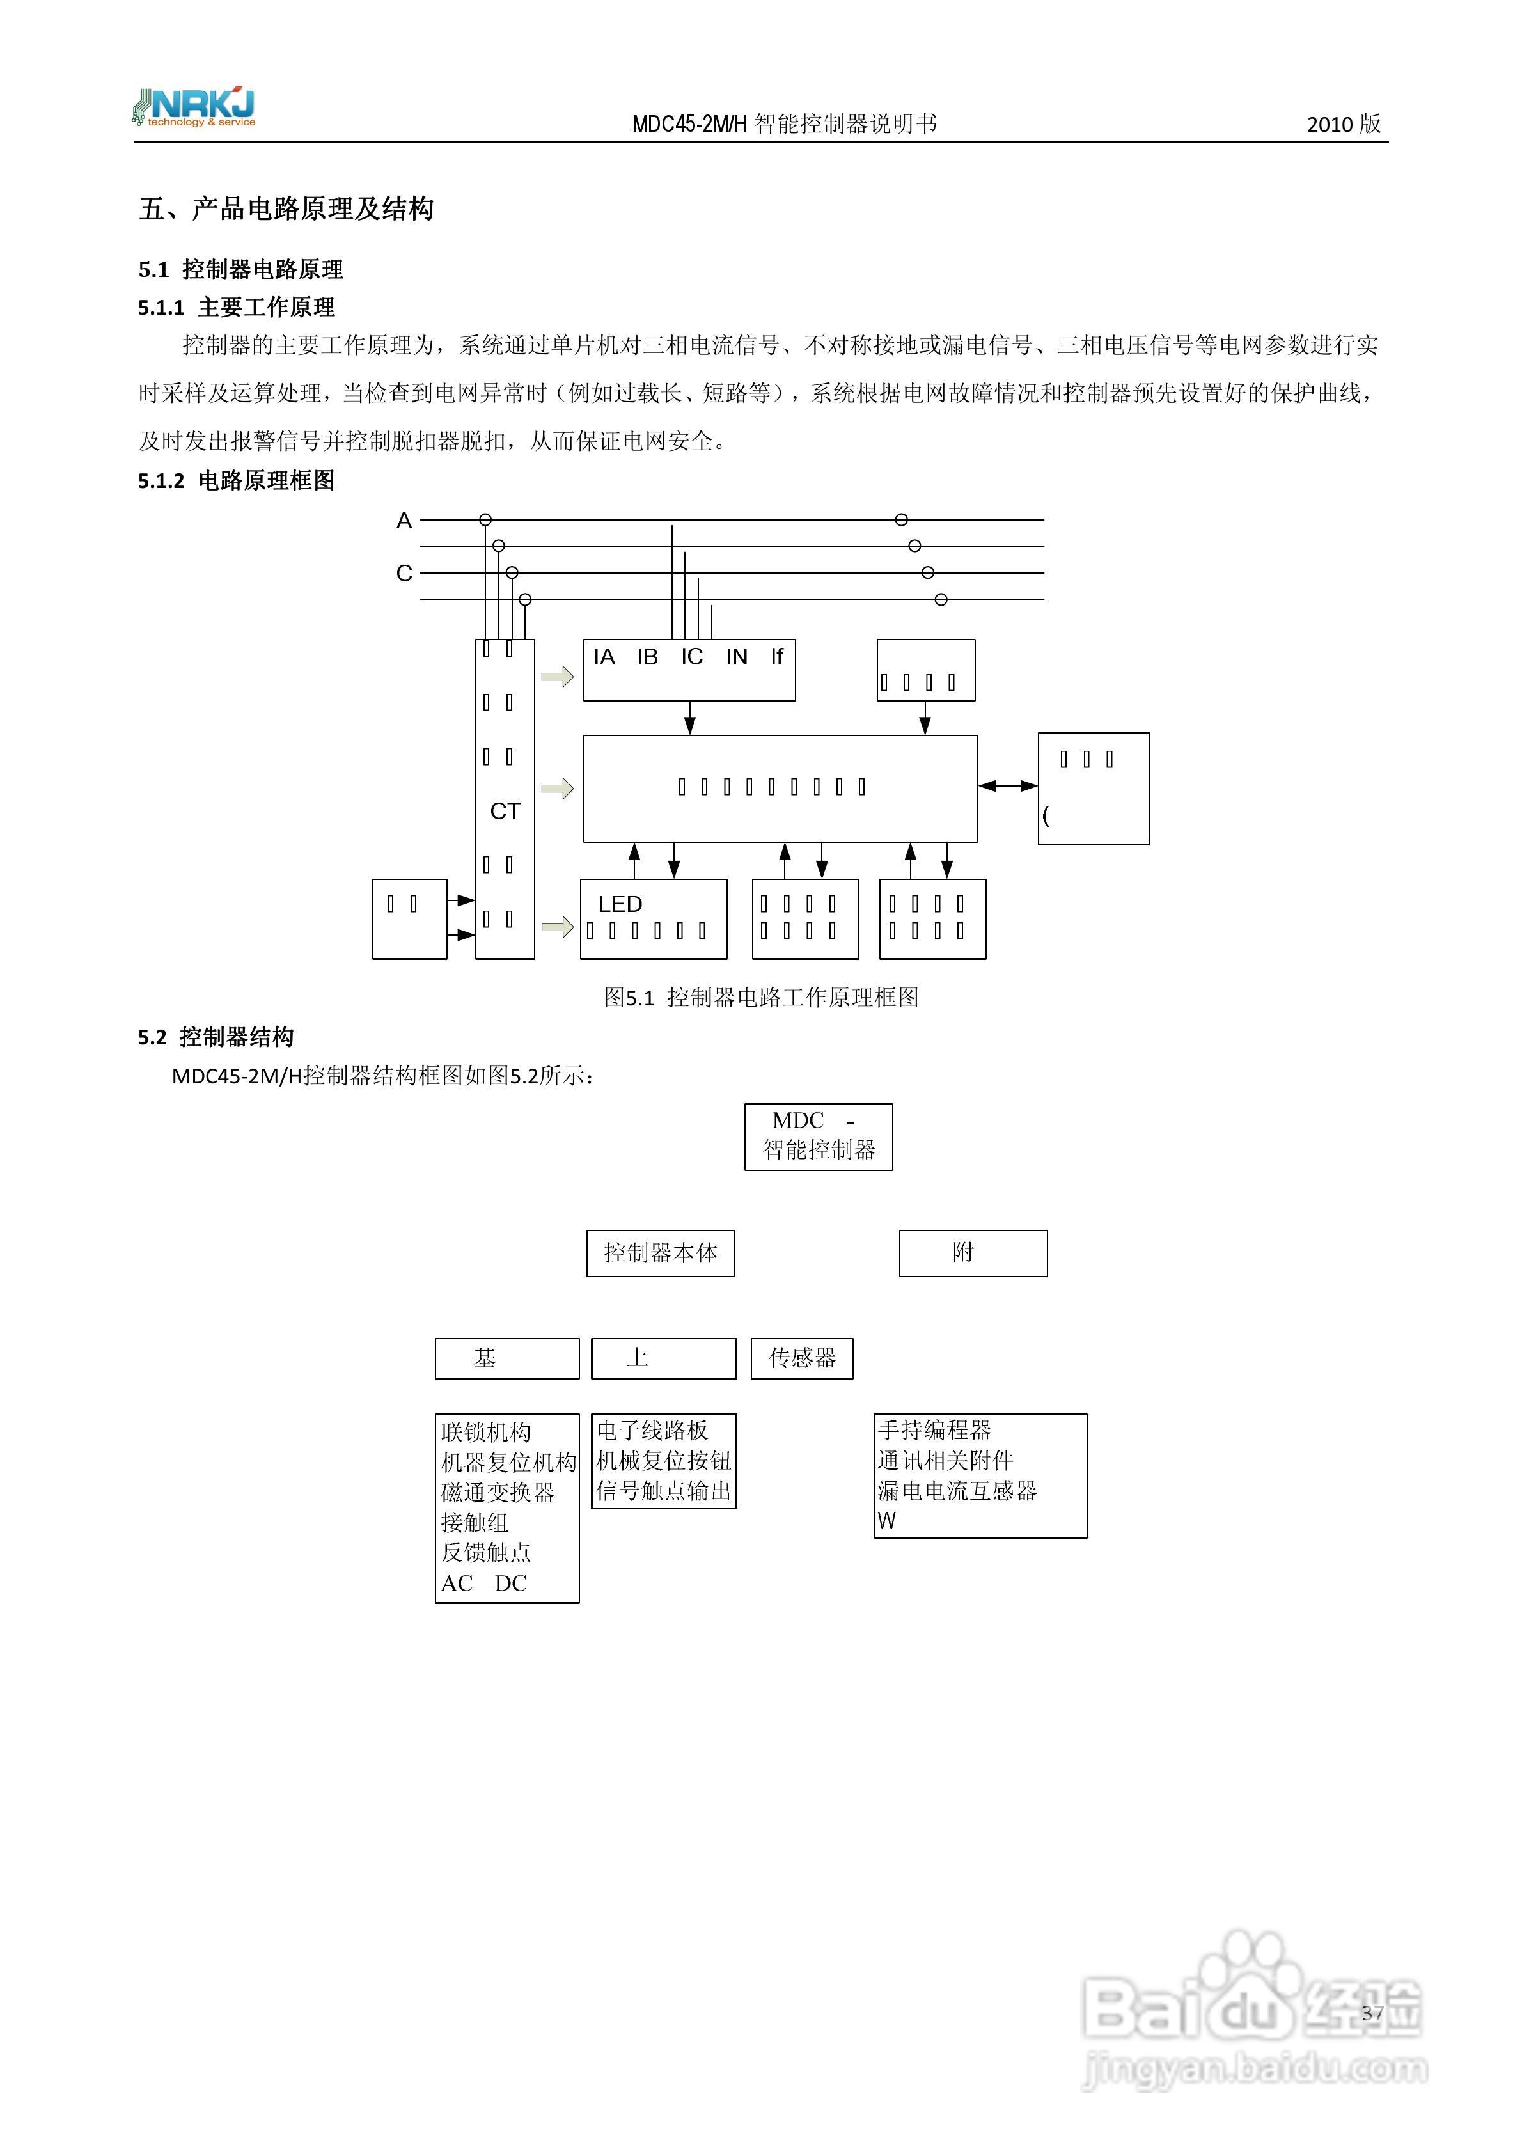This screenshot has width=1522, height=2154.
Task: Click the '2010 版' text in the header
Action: pyautogui.click(x=1343, y=124)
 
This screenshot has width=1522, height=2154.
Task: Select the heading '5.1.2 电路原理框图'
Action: pyautogui.click(x=237, y=480)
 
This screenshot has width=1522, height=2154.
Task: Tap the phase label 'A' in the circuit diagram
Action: pyautogui.click(x=404, y=521)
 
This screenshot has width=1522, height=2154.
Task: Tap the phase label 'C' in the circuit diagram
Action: pyautogui.click(x=404, y=573)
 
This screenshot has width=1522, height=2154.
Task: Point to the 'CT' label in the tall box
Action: pyautogui.click(x=505, y=812)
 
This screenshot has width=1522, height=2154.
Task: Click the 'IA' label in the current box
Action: pyautogui.click(x=604, y=657)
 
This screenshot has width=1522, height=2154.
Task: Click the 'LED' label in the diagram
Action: pyautogui.click(x=620, y=904)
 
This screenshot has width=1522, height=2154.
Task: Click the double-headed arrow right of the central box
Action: pyautogui.click(x=1008, y=786)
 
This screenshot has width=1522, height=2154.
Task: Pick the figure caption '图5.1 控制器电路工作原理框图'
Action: pyautogui.click(x=761, y=997)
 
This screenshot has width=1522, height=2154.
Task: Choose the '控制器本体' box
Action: pyautogui.click(x=661, y=1254)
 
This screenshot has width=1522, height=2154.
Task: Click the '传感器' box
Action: pyautogui.click(x=803, y=1358)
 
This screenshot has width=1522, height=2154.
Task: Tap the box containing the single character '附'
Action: pyautogui.click(x=973, y=1254)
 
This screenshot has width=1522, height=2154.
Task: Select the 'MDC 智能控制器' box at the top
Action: pyautogui.click(x=819, y=1136)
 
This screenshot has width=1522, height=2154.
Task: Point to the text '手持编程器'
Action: pyautogui.click(x=934, y=1430)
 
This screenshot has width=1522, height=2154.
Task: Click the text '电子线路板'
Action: pyautogui.click(x=652, y=1430)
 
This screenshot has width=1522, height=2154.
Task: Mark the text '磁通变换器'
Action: pyautogui.click(x=498, y=1491)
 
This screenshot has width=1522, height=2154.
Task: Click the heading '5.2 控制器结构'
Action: pyautogui.click(x=216, y=1037)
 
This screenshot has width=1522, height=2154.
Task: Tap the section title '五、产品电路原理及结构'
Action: pyautogui.click(x=286, y=208)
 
